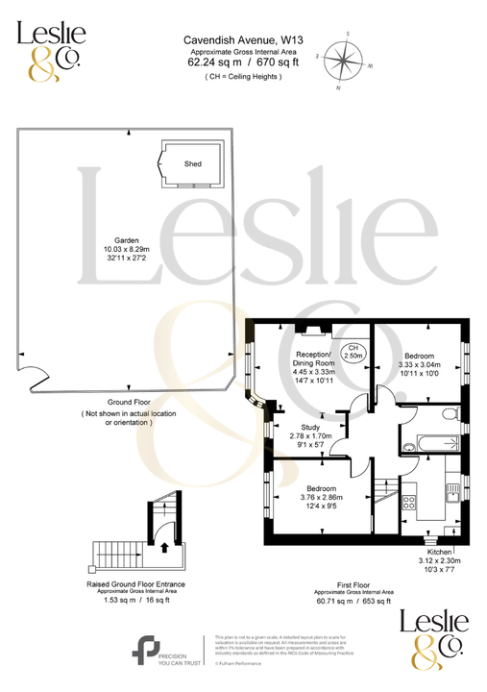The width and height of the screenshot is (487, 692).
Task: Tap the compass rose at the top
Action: (x=344, y=62)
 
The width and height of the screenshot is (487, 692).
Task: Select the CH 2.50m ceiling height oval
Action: (x=354, y=352)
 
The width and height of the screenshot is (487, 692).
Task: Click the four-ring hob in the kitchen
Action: (x=410, y=501)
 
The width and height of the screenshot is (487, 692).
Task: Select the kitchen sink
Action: (x=452, y=492)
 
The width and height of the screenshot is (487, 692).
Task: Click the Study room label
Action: (x=310, y=428)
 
